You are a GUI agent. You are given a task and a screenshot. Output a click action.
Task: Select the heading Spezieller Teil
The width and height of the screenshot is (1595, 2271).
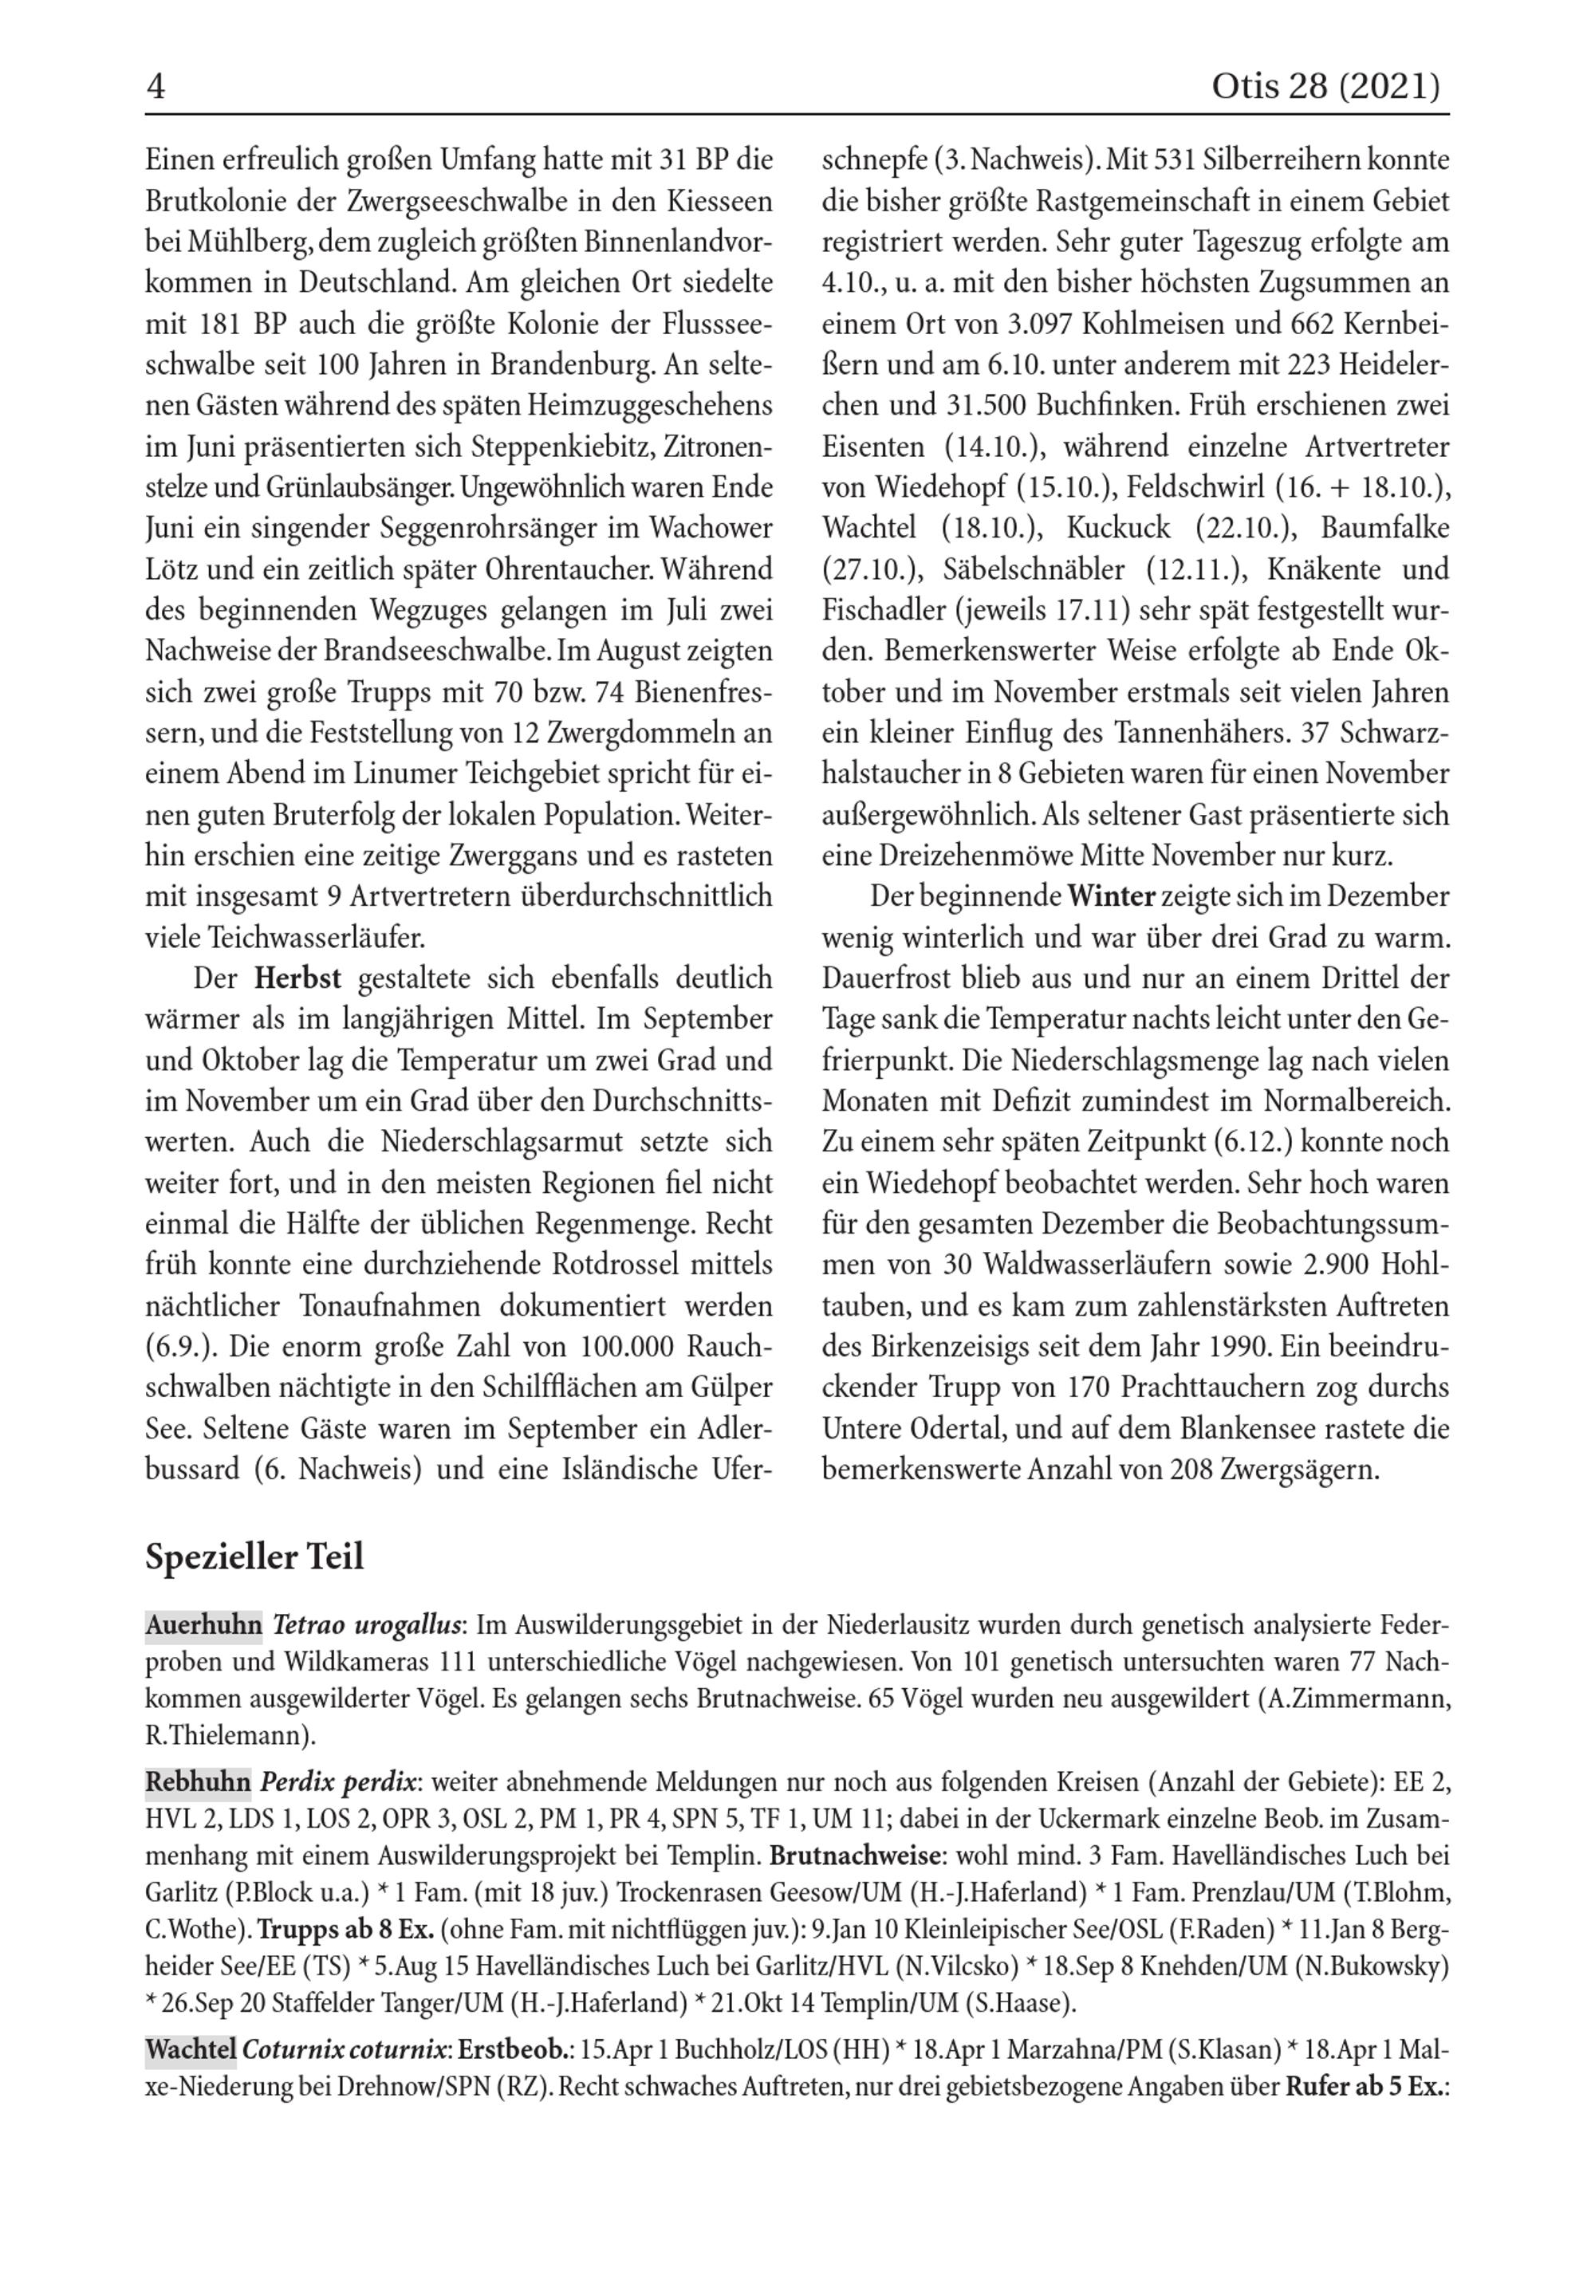(x=254, y=1557)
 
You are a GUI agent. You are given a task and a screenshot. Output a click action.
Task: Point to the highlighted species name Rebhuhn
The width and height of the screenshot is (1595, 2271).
(x=198, y=1782)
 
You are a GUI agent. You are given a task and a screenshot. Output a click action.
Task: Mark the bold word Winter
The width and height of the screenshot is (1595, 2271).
(x=1111, y=897)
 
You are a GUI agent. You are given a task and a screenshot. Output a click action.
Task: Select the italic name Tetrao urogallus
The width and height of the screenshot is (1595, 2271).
(x=367, y=1625)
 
